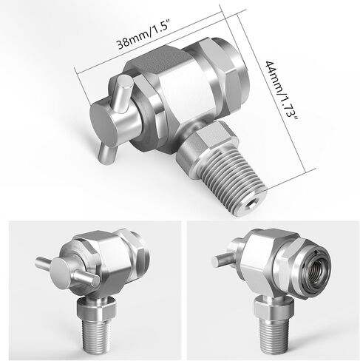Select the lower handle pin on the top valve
[106, 153]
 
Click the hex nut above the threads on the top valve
[205, 146]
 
